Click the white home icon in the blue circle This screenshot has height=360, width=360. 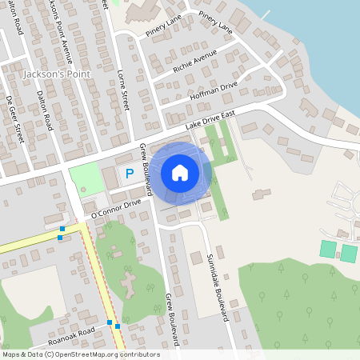pos(180,172)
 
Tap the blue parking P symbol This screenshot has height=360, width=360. pos(128,173)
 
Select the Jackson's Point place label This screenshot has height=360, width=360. pos(57,74)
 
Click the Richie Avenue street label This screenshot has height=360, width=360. pos(195,63)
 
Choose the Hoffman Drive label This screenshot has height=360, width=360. pos(214,91)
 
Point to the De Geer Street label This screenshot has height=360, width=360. pos(14,119)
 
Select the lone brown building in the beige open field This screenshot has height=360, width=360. pos(261,194)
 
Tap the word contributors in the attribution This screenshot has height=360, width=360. pos(138,354)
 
